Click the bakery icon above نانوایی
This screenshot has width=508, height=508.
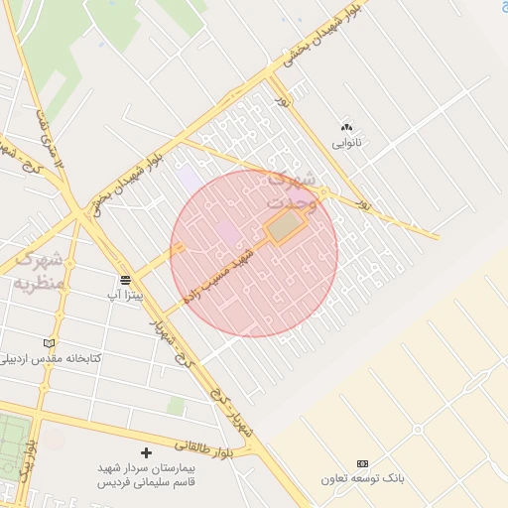(346, 127)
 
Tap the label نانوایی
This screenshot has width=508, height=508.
(346, 143)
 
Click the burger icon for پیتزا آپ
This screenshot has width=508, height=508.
(125, 280)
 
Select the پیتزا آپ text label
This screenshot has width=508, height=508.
(125, 296)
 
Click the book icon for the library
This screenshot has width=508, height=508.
(49, 343)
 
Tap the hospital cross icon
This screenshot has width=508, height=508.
(147, 452)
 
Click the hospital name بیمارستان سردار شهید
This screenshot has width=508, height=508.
(147, 467)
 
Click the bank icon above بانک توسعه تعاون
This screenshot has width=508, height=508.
(362, 463)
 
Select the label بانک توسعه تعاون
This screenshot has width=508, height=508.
(362, 478)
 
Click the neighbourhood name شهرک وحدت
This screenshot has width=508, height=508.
(294, 190)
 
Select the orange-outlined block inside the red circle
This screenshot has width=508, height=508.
(286, 227)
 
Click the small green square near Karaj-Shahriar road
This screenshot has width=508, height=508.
(177, 406)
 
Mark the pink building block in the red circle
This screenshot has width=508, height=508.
(227, 233)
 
